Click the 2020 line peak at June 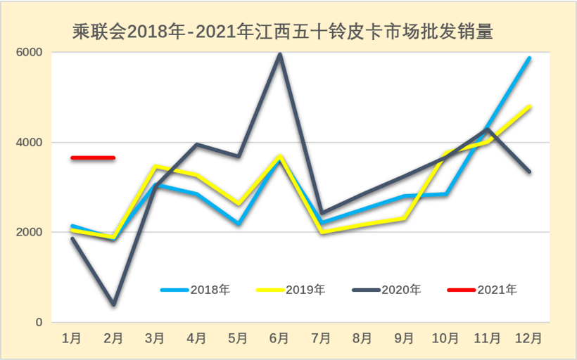(279, 54)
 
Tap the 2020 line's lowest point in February (113, 304)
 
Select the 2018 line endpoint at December (529, 58)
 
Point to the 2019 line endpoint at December (529, 106)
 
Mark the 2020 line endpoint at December (529, 172)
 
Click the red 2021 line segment (93, 157)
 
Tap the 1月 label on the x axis (72, 338)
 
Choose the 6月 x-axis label (279, 338)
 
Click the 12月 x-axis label (528, 338)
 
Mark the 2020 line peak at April (196, 145)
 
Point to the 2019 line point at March (155, 167)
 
